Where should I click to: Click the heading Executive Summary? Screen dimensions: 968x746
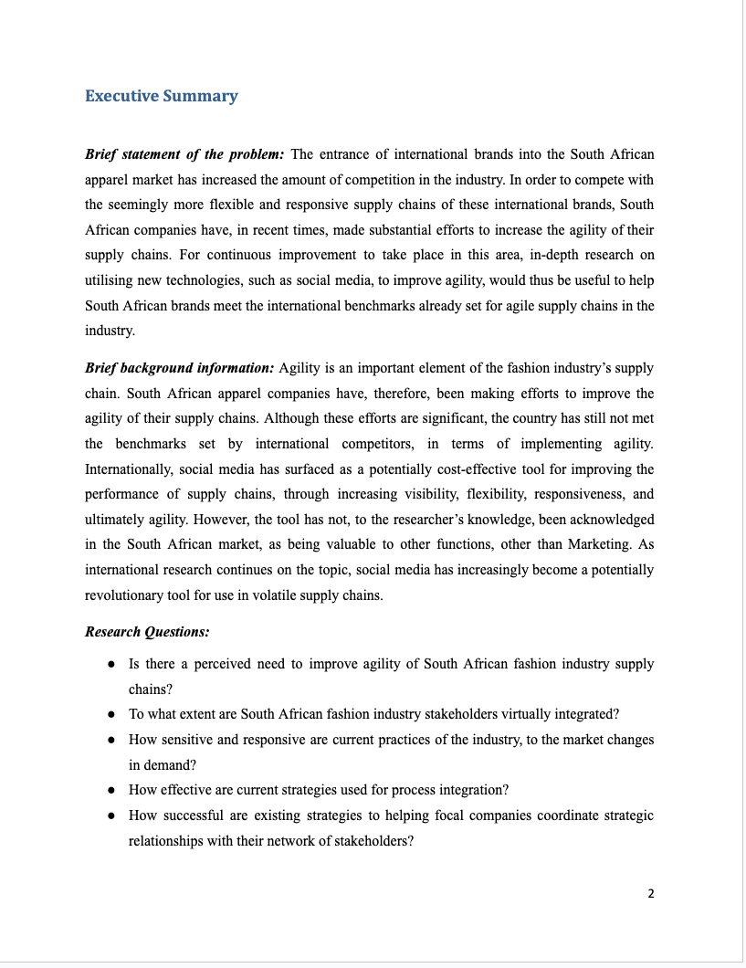pos(161,96)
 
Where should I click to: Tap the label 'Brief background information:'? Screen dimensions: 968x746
pos(179,368)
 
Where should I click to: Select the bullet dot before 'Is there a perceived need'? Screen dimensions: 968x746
pos(110,664)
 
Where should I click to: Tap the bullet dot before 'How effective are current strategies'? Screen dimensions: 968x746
pos(110,790)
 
